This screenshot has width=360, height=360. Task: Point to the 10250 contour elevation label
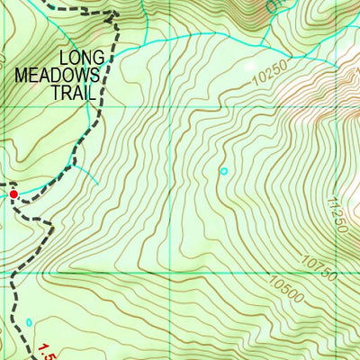pos(269,72)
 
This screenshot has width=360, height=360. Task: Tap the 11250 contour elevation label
pos(340,216)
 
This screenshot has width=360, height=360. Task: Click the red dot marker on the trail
pos(13,193)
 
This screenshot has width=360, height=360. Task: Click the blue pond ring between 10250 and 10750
pos(223,170)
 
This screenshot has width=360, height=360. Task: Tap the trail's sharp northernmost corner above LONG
pos(115,13)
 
